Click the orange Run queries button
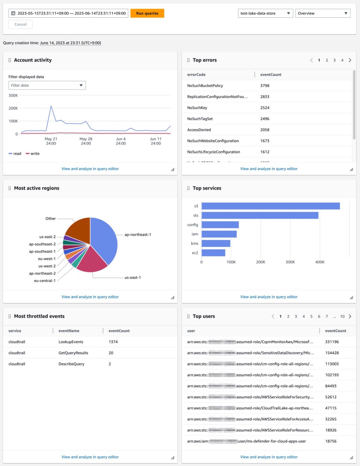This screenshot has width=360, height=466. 147,14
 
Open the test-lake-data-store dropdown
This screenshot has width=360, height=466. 265,14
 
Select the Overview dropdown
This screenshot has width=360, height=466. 322,14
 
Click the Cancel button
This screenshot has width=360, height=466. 21,24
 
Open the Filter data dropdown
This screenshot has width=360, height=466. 47,86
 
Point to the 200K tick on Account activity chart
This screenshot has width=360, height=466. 13,108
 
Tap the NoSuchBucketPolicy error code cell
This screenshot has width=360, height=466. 205,86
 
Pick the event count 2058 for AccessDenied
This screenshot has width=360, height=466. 265,130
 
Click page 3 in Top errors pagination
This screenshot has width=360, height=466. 334,60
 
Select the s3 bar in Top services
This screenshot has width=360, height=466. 270,206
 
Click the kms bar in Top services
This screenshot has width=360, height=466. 216,244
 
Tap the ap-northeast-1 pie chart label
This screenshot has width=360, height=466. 138,235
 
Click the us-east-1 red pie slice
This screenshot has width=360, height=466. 92,259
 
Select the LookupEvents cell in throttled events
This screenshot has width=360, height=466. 71,342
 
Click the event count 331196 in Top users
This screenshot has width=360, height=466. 332,342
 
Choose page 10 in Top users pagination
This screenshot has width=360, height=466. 342,317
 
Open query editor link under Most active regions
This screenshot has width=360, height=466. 90,297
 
